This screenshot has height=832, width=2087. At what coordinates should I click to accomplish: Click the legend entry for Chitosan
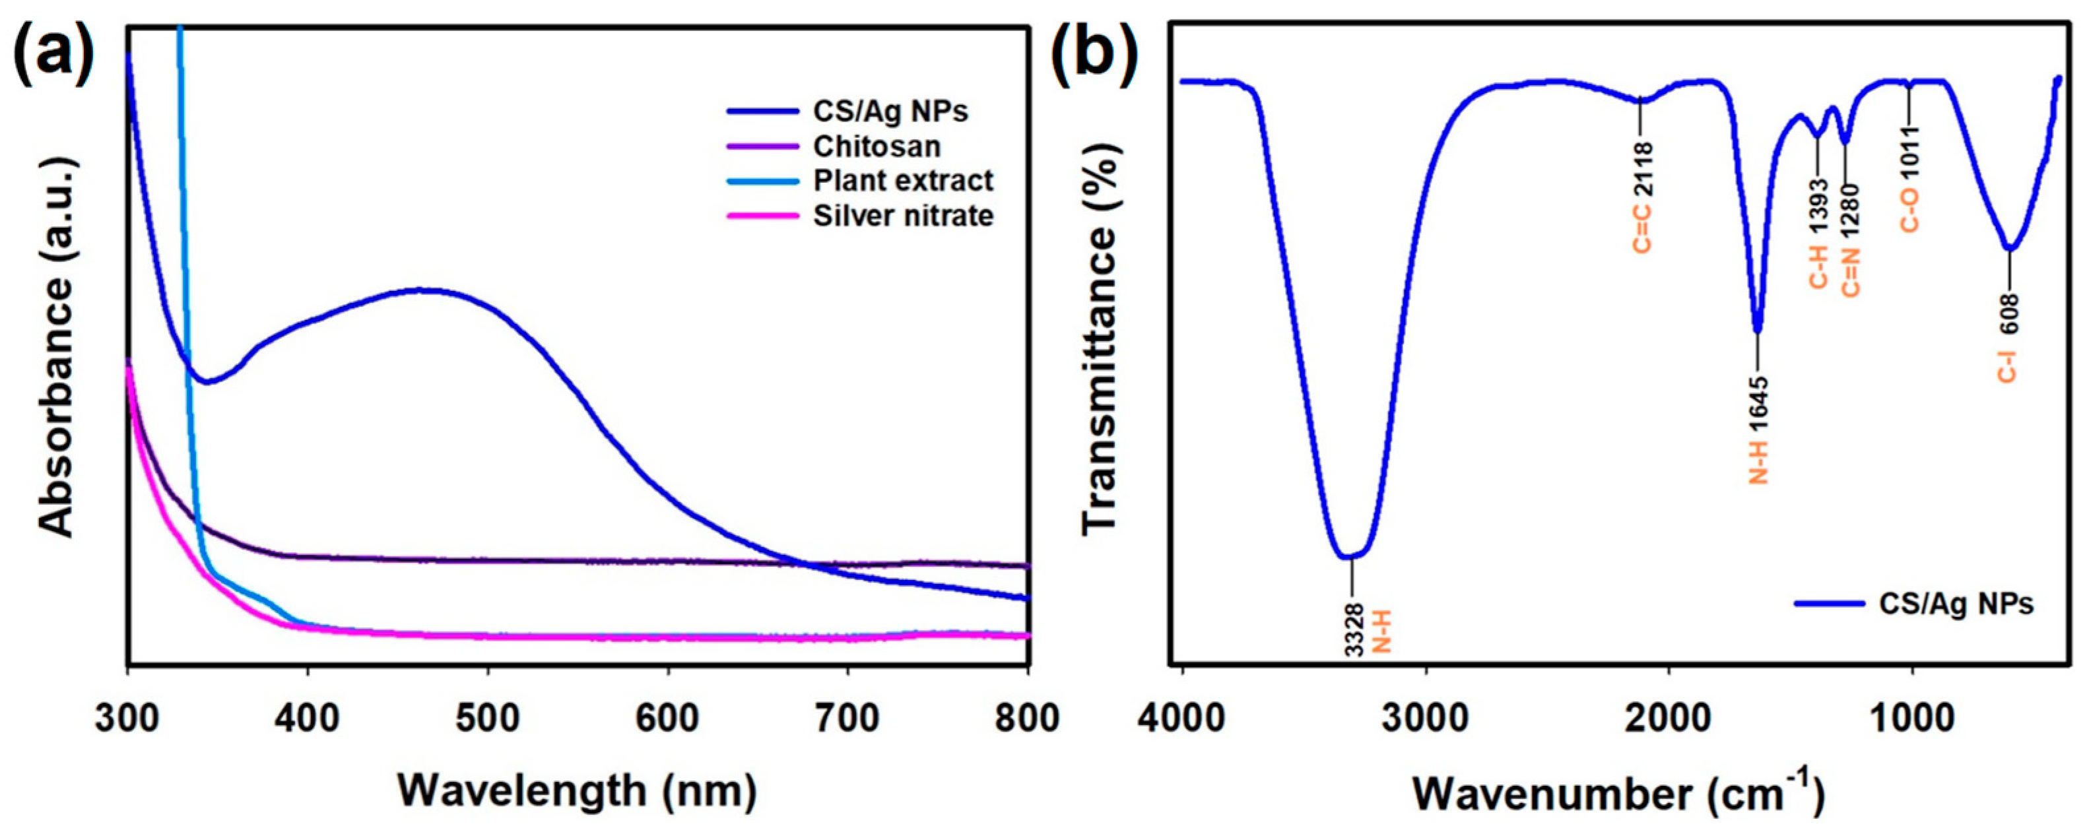point(877,146)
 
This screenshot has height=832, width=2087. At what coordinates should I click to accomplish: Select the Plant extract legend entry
point(902,181)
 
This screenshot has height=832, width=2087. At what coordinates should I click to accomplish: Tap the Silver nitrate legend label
point(902,216)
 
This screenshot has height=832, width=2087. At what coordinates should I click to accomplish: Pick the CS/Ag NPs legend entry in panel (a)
point(890,111)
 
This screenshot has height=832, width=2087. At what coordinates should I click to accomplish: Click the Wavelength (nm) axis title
point(578,790)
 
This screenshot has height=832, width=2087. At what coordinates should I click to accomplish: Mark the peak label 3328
point(1354,628)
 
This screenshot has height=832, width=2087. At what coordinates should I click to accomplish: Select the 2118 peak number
point(1642,168)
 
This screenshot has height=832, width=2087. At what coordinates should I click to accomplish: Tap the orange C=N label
point(1852,273)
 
